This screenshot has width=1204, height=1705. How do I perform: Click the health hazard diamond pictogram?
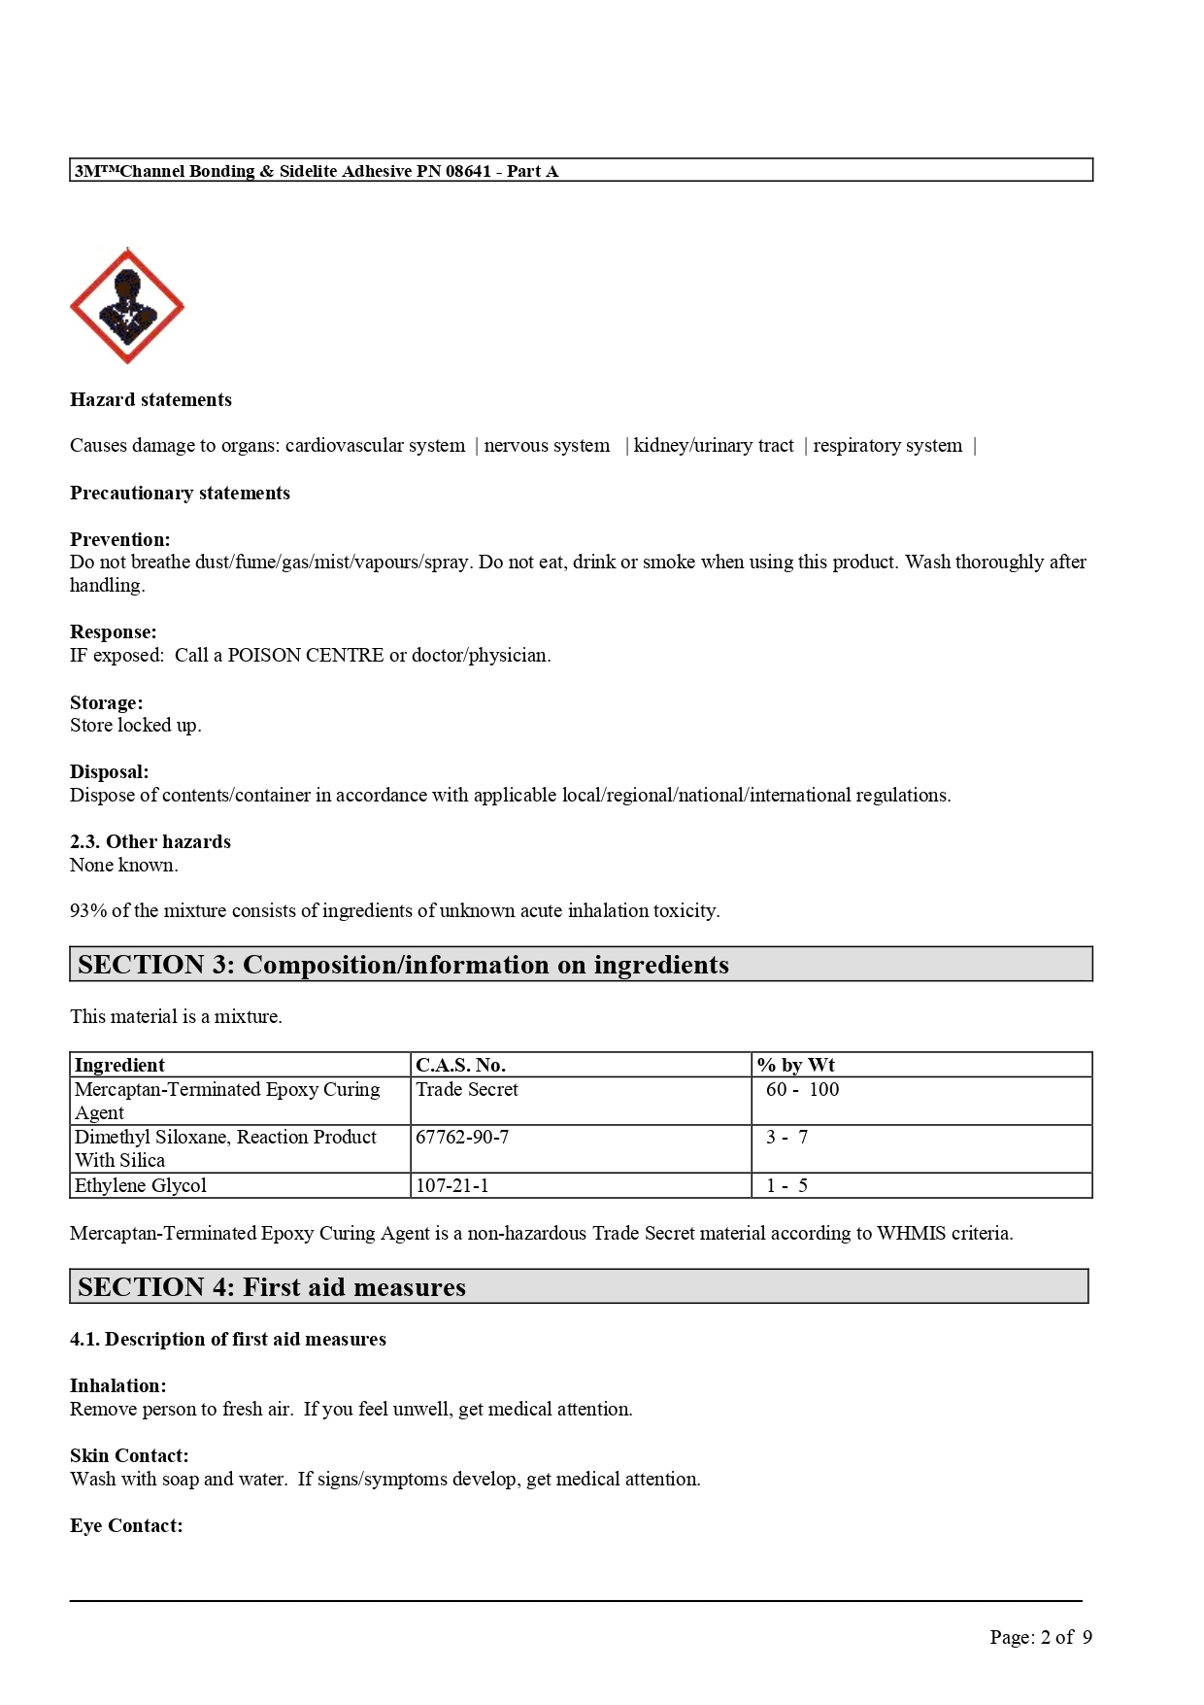pyautogui.click(x=127, y=306)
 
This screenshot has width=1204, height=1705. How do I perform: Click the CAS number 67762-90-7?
pyautogui.click(x=462, y=1137)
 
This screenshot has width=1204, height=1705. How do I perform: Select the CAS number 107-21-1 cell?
pyautogui.click(x=452, y=1185)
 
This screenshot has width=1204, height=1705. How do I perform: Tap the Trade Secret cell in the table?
pyautogui.click(x=467, y=1089)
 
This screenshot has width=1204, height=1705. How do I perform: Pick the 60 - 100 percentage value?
pyautogui.click(x=802, y=1089)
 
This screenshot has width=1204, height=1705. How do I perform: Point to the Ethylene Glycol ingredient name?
pyautogui.click(x=141, y=1185)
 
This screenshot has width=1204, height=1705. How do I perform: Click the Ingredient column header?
pyautogui.click(x=119, y=1065)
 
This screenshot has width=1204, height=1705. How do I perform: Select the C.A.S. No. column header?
pyautogui.click(x=460, y=1065)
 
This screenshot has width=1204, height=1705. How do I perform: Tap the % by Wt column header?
pyautogui.click(x=796, y=1065)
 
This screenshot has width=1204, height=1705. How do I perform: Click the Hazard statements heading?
pyautogui.click(x=150, y=399)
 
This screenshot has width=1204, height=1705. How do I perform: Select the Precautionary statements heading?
pyautogui.click(x=180, y=493)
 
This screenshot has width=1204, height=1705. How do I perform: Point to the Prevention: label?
pyautogui.click(x=119, y=539)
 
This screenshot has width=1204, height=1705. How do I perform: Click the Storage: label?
pyautogui.click(x=106, y=702)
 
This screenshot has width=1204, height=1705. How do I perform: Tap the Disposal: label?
pyautogui.click(x=109, y=772)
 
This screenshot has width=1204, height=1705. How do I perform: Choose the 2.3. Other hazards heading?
pyautogui.click(x=150, y=841)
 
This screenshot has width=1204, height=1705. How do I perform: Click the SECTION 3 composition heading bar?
pyautogui.click(x=581, y=965)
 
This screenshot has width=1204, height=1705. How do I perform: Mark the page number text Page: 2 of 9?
pyautogui.click(x=1041, y=1637)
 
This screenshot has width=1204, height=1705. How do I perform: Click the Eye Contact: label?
pyautogui.click(x=126, y=1525)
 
